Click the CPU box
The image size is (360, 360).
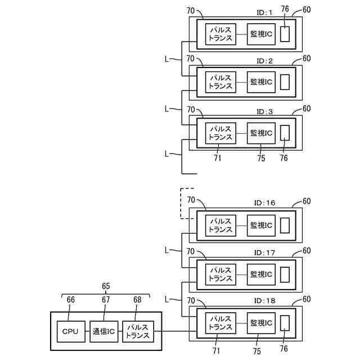click(70, 331)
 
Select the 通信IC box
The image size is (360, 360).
click(104, 331)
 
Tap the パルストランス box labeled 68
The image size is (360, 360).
click(138, 331)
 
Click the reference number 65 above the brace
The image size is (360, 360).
click(105, 286)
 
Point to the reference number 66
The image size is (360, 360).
click(71, 300)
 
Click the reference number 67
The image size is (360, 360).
click(106, 300)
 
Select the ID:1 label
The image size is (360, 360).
click(264, 12)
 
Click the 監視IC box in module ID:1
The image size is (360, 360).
click(261, 34)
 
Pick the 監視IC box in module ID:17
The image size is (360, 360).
click(261, 274)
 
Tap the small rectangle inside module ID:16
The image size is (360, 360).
click(285, 225)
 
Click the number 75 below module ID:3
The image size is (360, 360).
click(260, 159)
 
